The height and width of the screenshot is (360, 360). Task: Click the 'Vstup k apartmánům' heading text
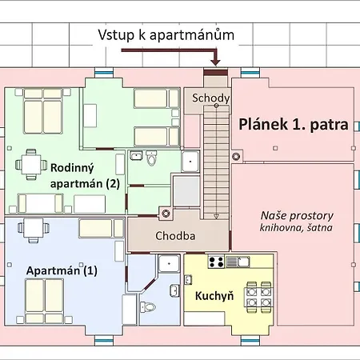click(166, 35)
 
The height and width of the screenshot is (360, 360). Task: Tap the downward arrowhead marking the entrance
click(214, 61)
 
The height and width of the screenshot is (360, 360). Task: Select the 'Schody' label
click(211, 98)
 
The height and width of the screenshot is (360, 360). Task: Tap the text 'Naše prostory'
click(297, 216)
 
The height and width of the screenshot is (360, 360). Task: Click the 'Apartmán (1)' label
click(62, 270)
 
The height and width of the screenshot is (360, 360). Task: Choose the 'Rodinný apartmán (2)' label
click(85, 175)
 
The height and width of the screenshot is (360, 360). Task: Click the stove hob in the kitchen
click(215, 262)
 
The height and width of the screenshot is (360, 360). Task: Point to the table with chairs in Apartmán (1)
click(31, 228)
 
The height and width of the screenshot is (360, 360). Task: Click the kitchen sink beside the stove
click(232, 262)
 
